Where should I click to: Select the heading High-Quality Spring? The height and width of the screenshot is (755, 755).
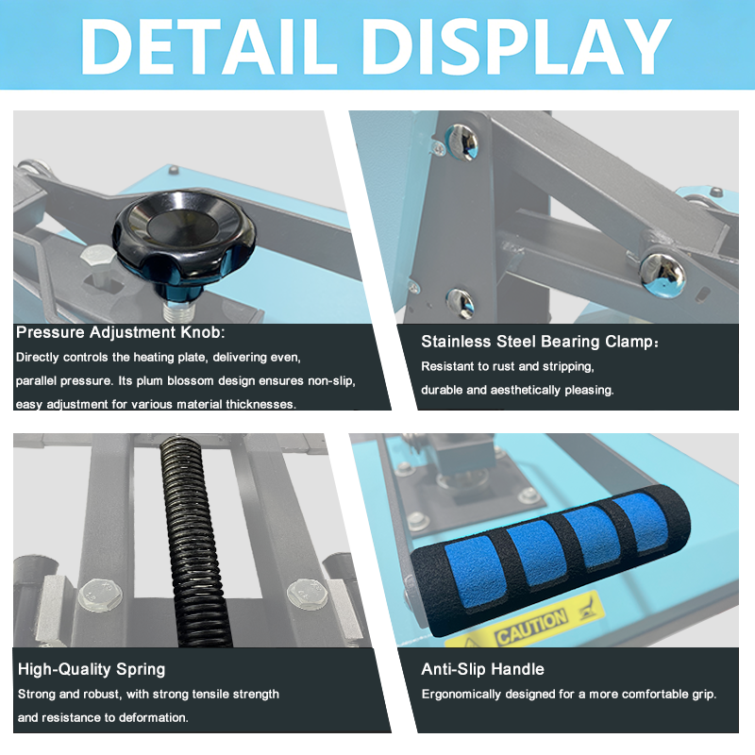point(92,669)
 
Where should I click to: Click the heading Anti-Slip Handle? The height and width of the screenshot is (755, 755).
point(482,669)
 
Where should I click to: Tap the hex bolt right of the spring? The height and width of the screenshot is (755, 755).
point(303,593)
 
